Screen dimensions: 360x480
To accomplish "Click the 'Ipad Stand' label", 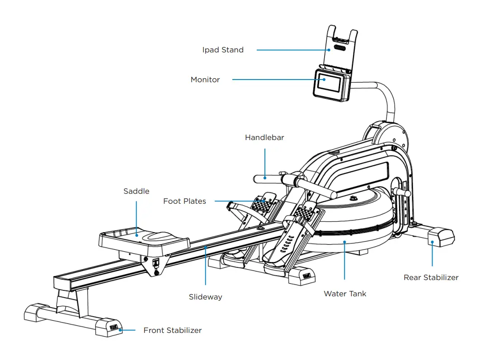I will [223, 50].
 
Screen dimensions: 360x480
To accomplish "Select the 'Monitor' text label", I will [205, 80].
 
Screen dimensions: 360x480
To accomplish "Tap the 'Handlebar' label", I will [264, 137].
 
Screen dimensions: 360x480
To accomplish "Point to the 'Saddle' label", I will [136, 192].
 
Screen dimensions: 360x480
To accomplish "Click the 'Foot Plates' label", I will [184, 201].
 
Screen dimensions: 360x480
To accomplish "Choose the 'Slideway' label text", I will [205, 297].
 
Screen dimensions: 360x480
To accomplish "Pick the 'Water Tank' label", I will [345, 294].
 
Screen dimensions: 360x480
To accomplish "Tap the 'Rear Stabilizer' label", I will [431, 278].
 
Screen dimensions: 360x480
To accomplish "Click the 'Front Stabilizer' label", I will [172, 331].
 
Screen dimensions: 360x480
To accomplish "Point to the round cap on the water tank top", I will [353, 198].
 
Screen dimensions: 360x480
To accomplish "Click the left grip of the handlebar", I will [265, 178].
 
